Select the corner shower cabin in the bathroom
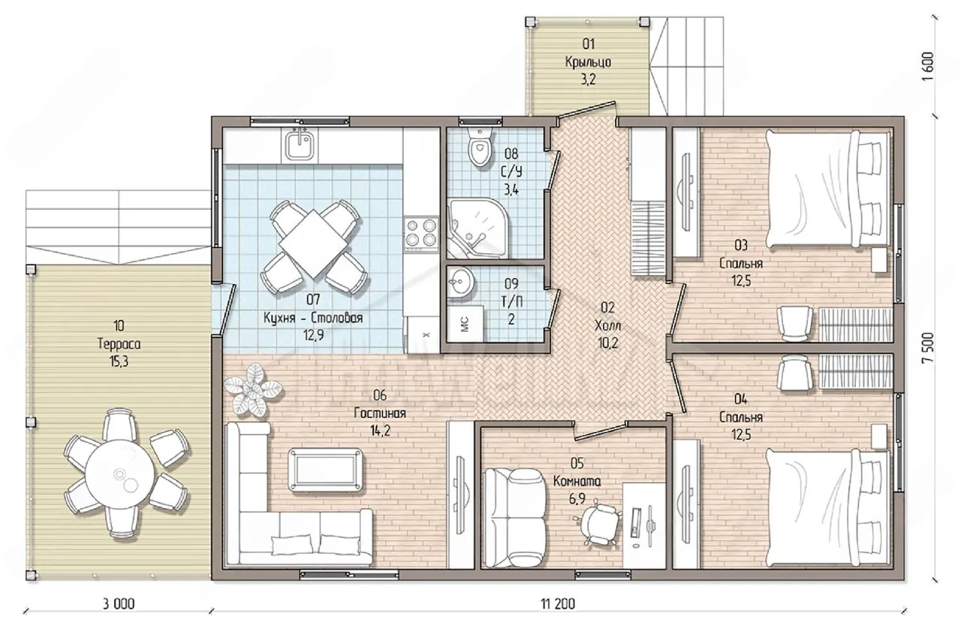point(477,228)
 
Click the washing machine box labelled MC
point(465,323)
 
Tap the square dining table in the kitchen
point(314,243)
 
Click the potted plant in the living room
point(253,390)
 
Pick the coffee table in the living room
point(325,470)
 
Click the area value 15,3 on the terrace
point(119,362)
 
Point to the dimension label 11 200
point(558,604)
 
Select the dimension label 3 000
point(119,604)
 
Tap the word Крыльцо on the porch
point(588,62)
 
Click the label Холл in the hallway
point(607,326)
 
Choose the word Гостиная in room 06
point(380,413)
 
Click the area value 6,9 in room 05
point(577,499)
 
